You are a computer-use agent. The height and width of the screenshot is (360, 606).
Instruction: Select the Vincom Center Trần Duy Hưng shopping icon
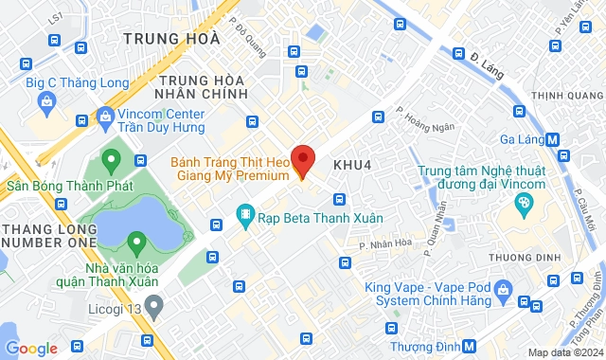pos(104,117)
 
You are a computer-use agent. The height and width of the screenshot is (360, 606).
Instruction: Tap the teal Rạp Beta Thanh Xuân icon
pos(245,217)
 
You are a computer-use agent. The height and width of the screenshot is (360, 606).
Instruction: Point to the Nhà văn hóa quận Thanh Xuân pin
pos(137,244)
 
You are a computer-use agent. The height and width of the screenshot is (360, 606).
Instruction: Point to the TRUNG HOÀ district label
pos(172,39)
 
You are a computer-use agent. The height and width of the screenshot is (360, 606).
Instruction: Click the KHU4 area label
pos(350,164)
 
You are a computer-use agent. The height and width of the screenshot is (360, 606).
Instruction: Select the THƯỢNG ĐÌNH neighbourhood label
pos(517,257)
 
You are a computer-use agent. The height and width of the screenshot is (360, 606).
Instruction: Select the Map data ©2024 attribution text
pos(564,352)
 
